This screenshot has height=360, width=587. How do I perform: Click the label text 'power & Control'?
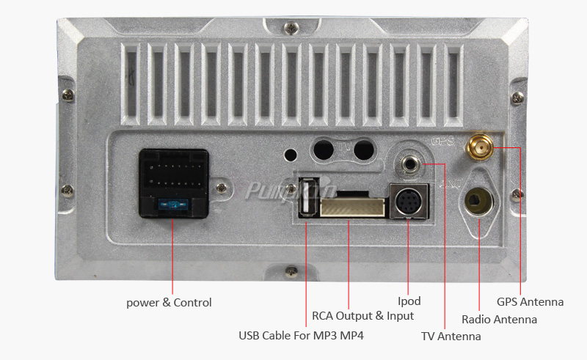pyautogui.click(x=169, y=302)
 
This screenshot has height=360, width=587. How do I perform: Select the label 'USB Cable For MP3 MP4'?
pyautogui.click(x=301, y=336)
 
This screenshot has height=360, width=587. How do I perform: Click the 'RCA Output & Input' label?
pyautogui.click(x=363, y=315)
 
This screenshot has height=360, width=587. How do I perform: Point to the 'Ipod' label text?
pyautogui.click(x=409, y=301)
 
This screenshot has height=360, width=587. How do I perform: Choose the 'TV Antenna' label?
pyautogui.click(x=451, y=336)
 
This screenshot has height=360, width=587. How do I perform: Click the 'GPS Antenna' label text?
pyautogui.click(x=530, y=301)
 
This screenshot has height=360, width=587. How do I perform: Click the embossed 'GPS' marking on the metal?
pyautogui.click(x=444, y=140)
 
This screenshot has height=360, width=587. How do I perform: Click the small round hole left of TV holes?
pyautogui.click(x=291, y=155)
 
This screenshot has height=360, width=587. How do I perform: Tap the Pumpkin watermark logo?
pyautogui.click(x=290, y=190)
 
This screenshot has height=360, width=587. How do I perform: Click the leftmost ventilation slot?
pyautogui.click(x=131, y=82)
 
